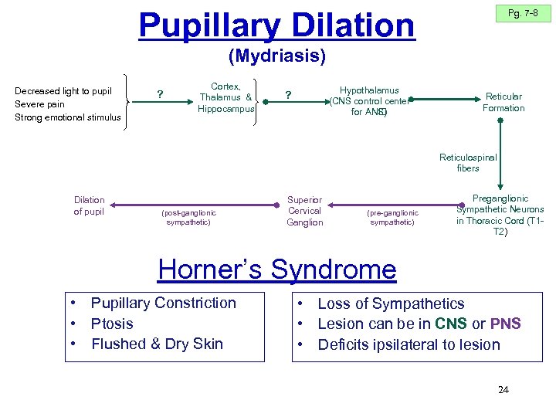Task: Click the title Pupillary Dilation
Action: [276, 25]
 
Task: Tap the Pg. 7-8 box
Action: [523, 14]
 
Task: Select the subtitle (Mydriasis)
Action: [277, 56]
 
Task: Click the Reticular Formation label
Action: [503, 102]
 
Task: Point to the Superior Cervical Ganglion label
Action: [304, 211]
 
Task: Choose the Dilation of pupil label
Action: [89, 205]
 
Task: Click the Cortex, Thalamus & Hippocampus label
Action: [225, 97]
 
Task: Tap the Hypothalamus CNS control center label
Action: [369, 101]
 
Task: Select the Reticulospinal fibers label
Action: [468, 163]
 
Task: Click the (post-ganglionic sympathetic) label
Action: [189, 217]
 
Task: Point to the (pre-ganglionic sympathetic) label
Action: [392, 217]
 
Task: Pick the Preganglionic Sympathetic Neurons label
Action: [500, 214]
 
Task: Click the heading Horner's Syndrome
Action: [276, 270]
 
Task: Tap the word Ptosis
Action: [112, 324]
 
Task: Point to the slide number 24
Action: [503, 390]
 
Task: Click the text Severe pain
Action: [39, 104]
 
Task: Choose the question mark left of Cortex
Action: [160, 95]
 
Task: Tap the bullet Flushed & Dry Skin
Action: [157, 344]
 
